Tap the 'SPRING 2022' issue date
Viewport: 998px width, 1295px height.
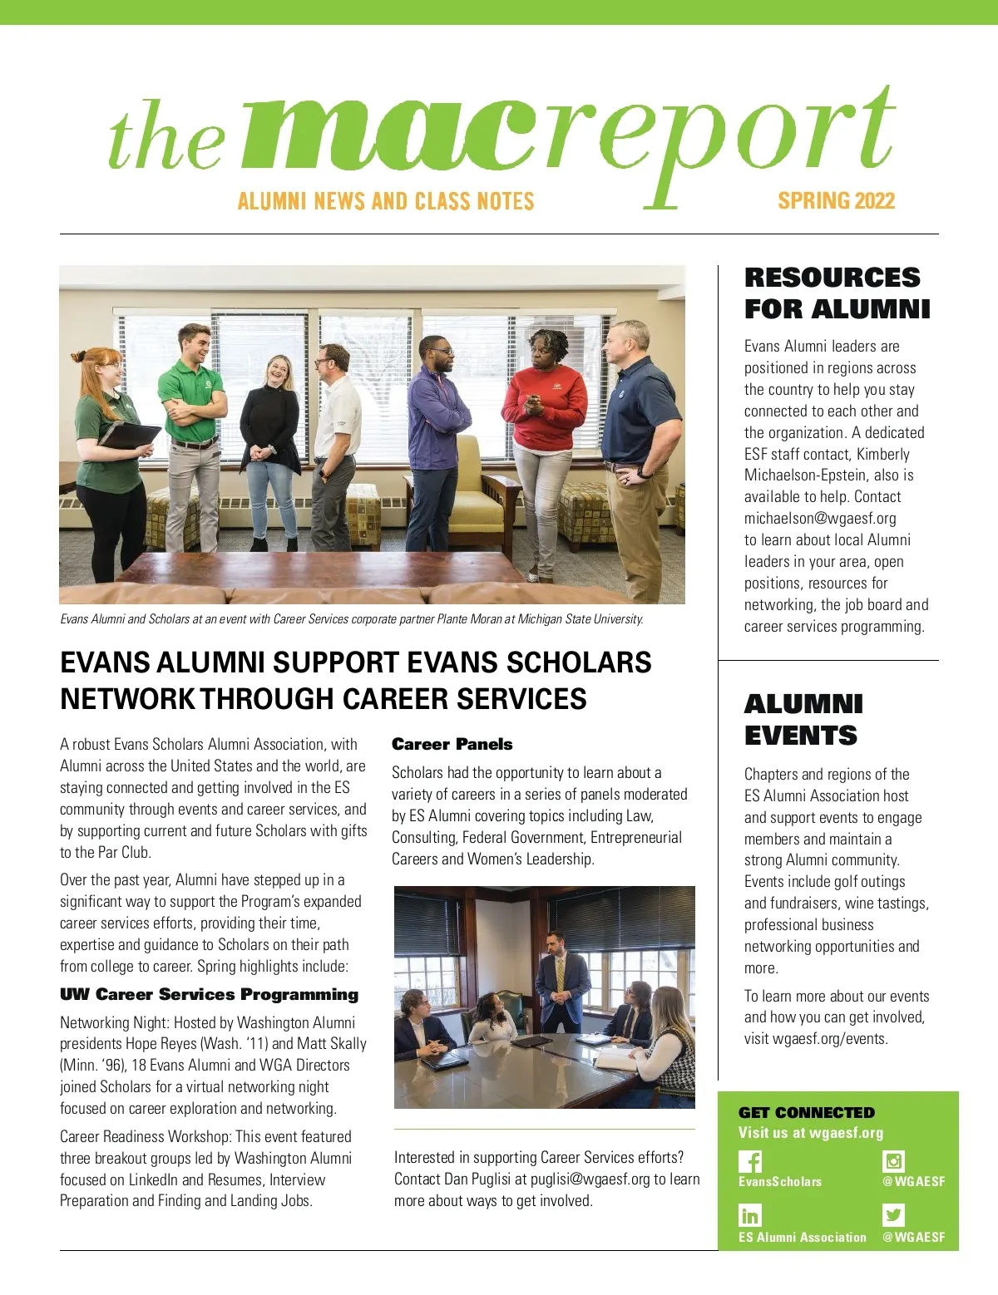coord(836,201)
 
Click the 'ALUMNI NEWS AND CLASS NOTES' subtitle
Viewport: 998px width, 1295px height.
coord(386,201)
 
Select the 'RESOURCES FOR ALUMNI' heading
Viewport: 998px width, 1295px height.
coord(837,293)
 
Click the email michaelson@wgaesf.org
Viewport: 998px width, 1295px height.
coord(820,519)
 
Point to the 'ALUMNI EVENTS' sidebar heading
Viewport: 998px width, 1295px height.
coord(803,720)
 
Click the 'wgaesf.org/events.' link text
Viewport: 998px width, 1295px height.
coord(830,1039)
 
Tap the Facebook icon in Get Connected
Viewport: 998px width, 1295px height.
coord(750,1161)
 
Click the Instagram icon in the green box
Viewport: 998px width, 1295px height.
coord(893,1161)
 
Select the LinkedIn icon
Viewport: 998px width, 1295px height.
coord(750,1215)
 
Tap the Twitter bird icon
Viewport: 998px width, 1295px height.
coord(893,1215)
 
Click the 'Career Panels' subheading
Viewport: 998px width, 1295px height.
coord(452,744)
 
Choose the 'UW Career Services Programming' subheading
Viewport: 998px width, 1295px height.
coord(209,994)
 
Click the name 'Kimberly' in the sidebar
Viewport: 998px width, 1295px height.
coord(883,454)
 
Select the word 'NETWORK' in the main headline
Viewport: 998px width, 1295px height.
coord(127,699)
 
